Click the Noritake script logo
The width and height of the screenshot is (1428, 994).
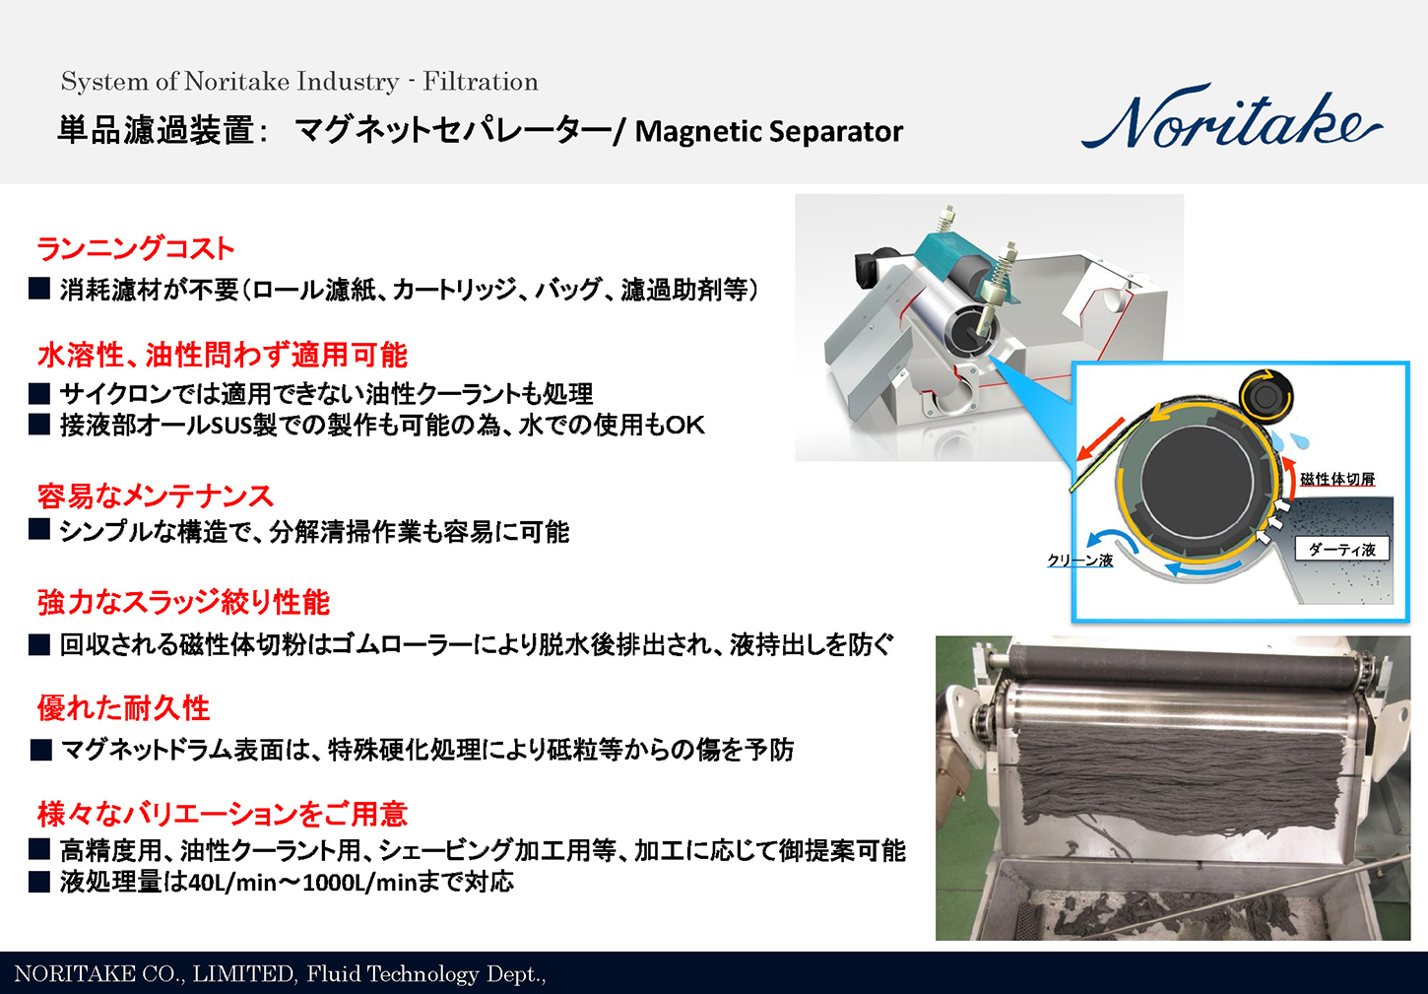tap(1231, 120)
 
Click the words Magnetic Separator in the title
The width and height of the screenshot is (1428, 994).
tap(768, 131)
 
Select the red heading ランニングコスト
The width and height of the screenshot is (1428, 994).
tap(136, 248)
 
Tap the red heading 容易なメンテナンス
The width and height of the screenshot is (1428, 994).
tap(155, 496)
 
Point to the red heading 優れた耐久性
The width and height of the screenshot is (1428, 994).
tap(123, 707)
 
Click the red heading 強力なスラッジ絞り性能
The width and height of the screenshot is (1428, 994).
tap(183, 602)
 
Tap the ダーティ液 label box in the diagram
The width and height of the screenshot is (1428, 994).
tap(1341, 550)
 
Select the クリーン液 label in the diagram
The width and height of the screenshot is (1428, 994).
tap(1079, 560)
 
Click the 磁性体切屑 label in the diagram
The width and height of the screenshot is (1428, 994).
tap(1337, 480)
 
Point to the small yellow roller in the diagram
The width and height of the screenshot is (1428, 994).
tap(1265, 397)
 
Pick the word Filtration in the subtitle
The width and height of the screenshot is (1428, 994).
tap(481, 82)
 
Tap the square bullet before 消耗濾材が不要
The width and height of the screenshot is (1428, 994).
tap(39, 289)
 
